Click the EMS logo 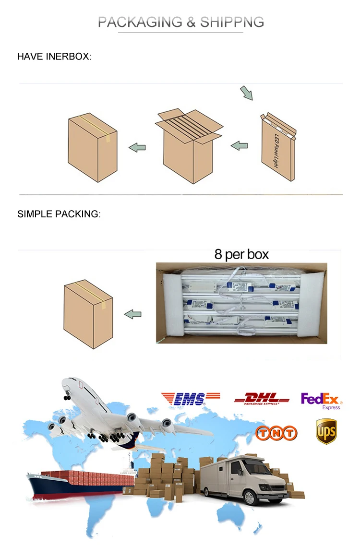click(191, 398)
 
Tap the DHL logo click(262, 398)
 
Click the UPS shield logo click(326, 431)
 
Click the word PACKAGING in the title click(140, 22)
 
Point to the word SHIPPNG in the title click(232, 22)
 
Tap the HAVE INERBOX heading click(54, 57)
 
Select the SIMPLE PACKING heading click(59, 214)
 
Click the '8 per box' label click(241, 254)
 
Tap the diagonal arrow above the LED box click(246, 93)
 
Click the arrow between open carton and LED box click(240, 145)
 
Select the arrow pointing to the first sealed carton click(137, 147)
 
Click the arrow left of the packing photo click(133, 314)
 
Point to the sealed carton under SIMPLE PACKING click(88, 314)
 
